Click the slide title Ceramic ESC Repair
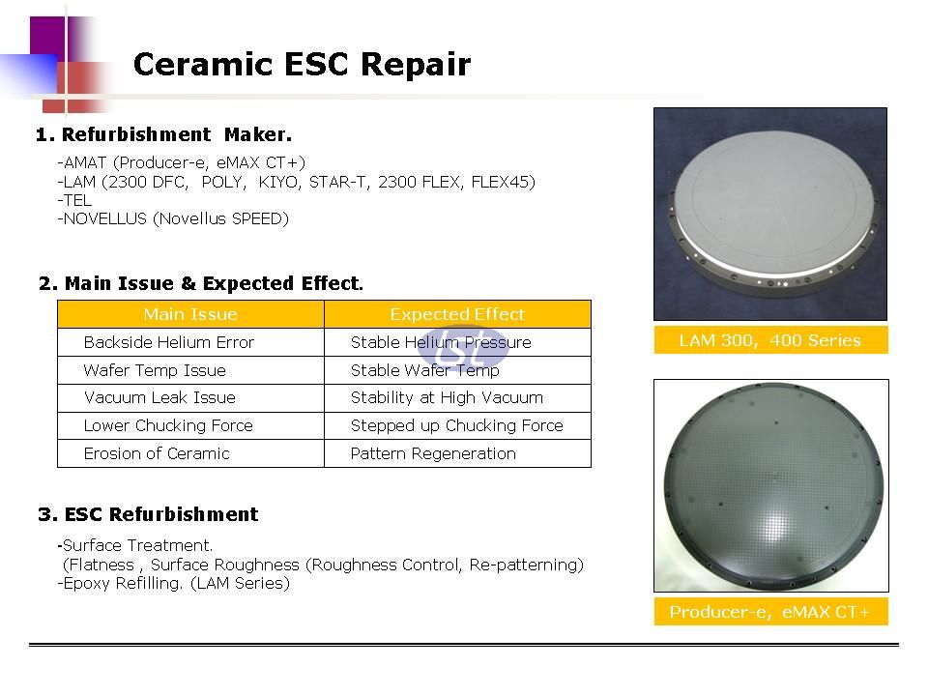(x=302, y=64)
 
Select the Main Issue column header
(x=190, y=314)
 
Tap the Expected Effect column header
(x=457, y=314)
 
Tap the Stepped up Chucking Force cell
(x=457, y=425)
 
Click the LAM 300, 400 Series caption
(x=770, y=340)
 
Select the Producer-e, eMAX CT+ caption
(x=770, y=611)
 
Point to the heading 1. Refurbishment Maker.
(x=163, y=134)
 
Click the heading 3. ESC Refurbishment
(x=148, y=513)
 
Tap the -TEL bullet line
(x=74, y=200)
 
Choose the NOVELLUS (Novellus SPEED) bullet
(x=173, y=219)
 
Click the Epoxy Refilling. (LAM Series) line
(x=173, y=584)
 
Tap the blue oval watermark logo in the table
(x=463, y=348)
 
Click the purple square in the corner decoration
(x=47, y=37)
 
